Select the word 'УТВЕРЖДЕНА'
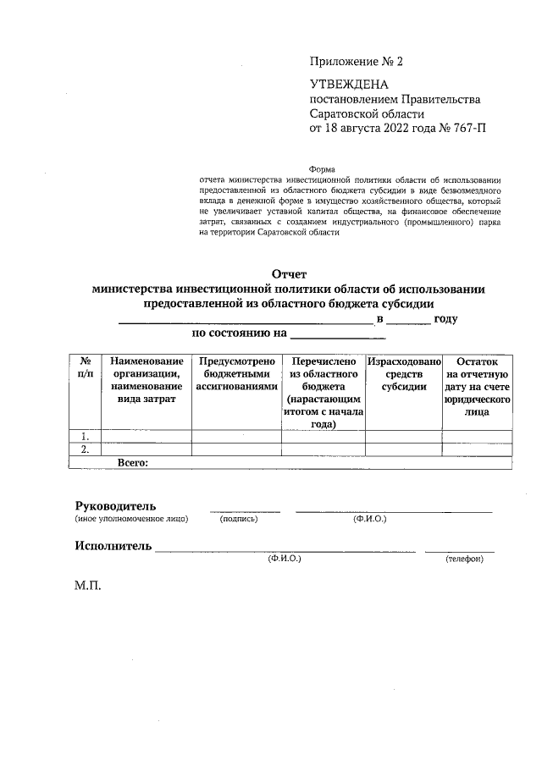click(349, 85)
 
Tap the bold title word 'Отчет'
click(288, 274)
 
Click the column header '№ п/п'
click(85, 367)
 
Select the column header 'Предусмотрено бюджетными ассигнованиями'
click(237, 373)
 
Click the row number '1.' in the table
click(85, 437)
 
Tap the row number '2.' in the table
click(85, 450)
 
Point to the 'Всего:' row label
click(133, 463)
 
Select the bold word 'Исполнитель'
click(113, 545)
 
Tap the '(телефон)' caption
click(463, 559)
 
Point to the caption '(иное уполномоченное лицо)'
click(131, 519)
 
